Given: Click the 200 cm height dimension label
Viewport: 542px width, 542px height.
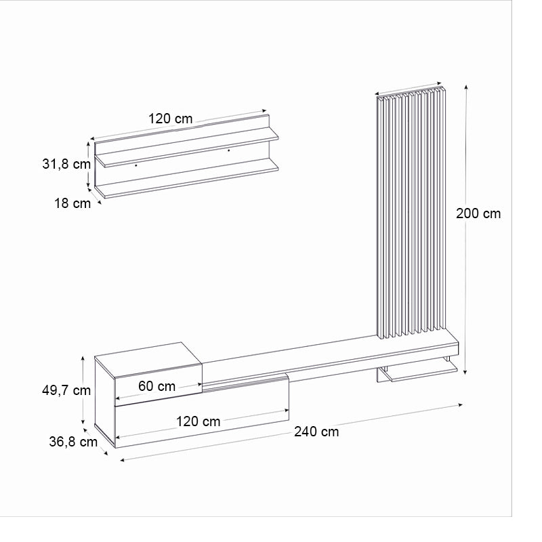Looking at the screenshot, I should click(x=478, y=213).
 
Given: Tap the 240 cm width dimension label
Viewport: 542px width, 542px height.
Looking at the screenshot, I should click(x=316, y=432).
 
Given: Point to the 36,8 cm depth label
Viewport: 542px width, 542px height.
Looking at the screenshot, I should click(x=73, y=442).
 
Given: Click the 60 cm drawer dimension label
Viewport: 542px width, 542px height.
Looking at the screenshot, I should click(x=157, y=386).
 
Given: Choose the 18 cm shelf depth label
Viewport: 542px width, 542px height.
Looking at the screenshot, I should click(x=72, y=203).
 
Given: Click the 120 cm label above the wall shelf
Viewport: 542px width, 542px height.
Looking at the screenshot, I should click(x=170, y=119).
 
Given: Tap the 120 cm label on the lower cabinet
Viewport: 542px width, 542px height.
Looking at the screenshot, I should click(x=198, y=421).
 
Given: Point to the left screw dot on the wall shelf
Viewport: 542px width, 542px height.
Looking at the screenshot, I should click(x=136, y=164).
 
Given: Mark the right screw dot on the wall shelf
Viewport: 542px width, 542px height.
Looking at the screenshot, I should click(x=228, y=150).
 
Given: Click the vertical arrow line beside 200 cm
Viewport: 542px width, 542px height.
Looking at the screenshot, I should click(x=466, y=230).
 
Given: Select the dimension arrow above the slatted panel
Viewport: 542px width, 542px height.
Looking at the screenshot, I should click(x=410, y=89).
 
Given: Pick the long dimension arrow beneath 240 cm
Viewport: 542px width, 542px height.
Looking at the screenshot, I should click(x=291, y=433).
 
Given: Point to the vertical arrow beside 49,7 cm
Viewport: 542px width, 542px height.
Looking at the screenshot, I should click(x=83, y=390).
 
